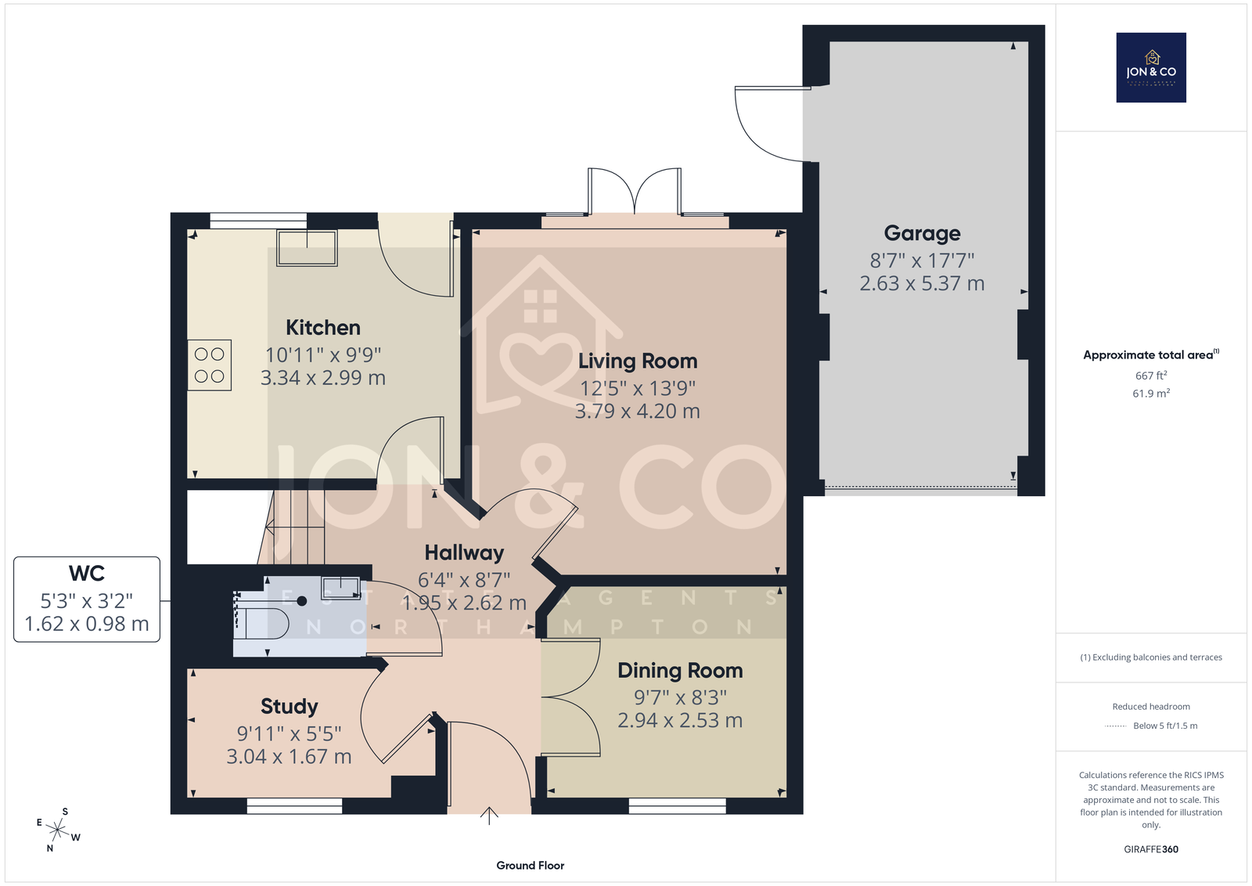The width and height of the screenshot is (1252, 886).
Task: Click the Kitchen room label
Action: [x=323, y=328]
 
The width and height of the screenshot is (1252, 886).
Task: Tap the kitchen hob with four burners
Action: [x=209, y=365]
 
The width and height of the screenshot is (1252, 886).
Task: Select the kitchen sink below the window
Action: [x=307, y=247]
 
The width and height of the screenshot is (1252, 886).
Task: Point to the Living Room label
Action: [x=638, y=361]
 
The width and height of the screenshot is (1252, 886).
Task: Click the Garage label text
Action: [x=923, y=233]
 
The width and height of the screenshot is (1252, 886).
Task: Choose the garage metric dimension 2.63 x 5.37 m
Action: [x=923, y=283]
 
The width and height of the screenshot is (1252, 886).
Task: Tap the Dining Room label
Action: [x=680, y=671]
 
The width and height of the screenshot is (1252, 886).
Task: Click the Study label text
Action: [x=289, y=707]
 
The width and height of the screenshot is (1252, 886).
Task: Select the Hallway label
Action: [x=464, y=553]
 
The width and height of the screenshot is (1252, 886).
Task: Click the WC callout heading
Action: [x=87, y=574]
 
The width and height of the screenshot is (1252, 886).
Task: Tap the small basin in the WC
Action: [x=340, y=588]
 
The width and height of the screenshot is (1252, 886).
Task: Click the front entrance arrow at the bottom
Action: [x=489, y=816]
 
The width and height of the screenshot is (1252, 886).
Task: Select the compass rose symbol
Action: [x=58, y=830]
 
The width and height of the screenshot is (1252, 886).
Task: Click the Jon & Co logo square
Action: [x=1151, y=67]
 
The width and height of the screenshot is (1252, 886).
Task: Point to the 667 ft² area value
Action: [x=1151, y=376]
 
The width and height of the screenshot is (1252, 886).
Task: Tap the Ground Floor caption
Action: [x=531, y=866]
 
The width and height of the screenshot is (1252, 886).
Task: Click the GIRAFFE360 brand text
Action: [x=1151, y=849]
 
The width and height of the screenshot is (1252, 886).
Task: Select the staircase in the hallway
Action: [x=292, y=527]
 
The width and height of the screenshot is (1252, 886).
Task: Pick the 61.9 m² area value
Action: [x=1151, y=394]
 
